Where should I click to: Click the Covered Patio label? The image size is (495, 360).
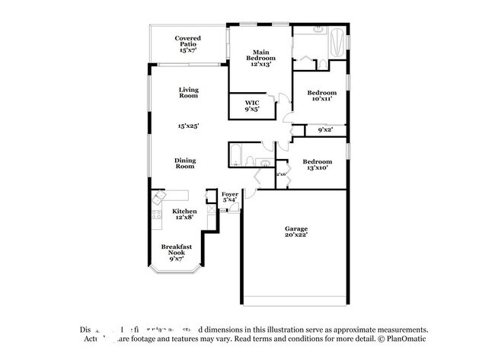(187, 43)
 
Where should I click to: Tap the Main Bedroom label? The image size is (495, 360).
(261, 59)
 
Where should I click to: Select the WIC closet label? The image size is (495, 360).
(252, 106)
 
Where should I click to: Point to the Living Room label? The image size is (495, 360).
(188, 93)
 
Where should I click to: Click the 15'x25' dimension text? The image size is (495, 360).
(188, 126)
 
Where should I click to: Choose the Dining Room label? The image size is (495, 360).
(185, 163)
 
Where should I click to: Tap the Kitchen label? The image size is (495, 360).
(184, 214)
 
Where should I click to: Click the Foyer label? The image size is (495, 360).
(230, 196)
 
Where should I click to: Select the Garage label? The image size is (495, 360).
(296, 231)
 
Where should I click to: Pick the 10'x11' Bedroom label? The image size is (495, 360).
(321, 96)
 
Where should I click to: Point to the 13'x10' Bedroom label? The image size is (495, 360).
(317, 164)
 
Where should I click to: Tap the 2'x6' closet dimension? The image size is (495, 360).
(281, 174)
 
